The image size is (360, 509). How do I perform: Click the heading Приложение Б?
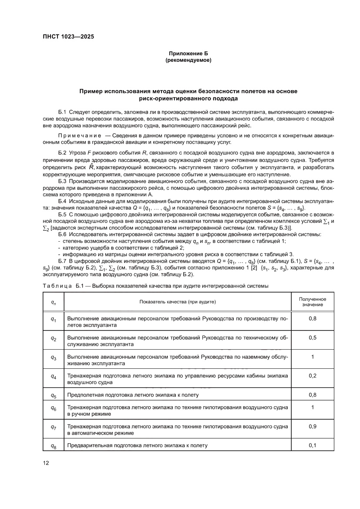click(188, 54)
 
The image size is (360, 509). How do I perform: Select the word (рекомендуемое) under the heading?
click(188, 61)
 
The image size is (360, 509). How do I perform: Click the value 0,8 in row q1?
click(312, 319)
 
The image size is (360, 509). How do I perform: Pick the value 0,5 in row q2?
click(312, 338)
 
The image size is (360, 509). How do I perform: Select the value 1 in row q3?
click(312, 357)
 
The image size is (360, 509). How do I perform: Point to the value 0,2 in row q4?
click(312, 375)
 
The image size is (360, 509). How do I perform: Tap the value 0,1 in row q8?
click(312, 445)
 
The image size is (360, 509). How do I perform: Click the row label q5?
click(54, 395)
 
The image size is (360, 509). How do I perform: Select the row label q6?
click(54, 408)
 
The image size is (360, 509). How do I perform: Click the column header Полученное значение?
click(312, 302)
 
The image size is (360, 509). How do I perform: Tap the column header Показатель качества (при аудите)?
click(178, 302)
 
